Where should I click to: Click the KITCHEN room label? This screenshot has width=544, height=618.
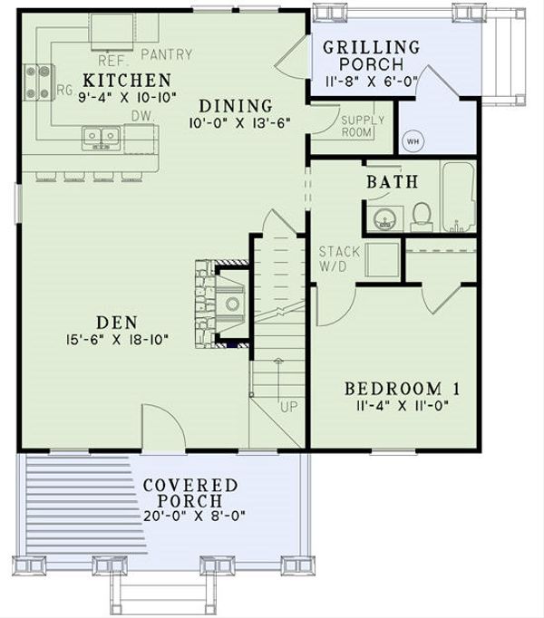point(126,80)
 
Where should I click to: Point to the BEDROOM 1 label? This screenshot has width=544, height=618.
point(403,389)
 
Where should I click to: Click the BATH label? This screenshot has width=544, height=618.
point(393,182)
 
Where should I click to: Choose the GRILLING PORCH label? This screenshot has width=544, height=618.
point(372,55)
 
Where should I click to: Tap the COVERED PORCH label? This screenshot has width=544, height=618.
point(190,493)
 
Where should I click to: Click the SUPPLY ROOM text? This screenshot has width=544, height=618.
point(363,126)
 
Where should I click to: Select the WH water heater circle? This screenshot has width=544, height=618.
point(413,141)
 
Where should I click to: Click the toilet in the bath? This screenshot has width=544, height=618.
point(422,215)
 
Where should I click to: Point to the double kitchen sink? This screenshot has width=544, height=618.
point(102,138)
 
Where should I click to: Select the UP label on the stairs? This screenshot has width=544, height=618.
point(289,407)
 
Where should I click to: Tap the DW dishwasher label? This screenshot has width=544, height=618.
point(140,116)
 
